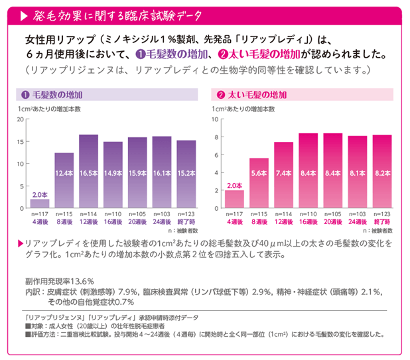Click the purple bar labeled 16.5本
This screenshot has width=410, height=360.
click(88, 172)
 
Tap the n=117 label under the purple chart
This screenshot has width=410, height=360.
click(39, 215)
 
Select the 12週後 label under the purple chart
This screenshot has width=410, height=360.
click(88, 222)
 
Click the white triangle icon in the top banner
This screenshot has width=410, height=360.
click(24, 15)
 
